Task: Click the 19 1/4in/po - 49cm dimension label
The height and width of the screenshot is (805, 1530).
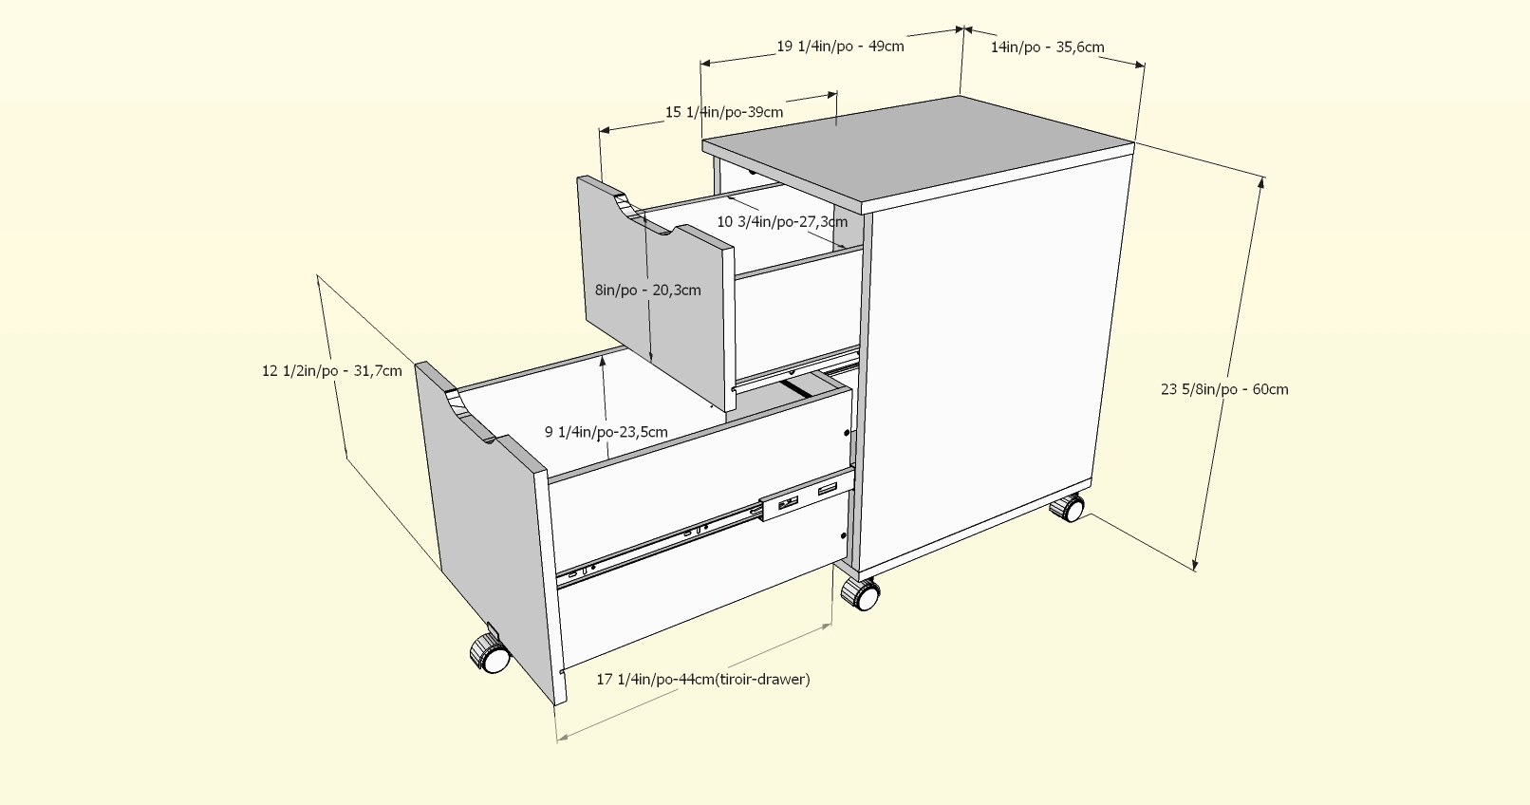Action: [840, 46]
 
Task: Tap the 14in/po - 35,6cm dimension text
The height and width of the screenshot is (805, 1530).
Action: [1047, 47]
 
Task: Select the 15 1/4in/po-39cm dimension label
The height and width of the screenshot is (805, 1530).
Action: [724, 112]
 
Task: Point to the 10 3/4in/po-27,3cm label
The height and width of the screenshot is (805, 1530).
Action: [782, 221]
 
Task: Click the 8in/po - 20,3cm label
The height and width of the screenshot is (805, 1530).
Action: [648, 290]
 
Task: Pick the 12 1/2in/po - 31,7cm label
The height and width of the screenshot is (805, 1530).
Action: [331, 370]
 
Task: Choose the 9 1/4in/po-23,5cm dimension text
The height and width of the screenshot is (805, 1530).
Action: [606, 431]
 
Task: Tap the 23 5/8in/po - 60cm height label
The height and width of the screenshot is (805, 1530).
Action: [1224, 388]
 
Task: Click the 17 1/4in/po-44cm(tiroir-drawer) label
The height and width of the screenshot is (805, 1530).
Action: [702, 679]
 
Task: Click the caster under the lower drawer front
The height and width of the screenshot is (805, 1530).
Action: [491, 653]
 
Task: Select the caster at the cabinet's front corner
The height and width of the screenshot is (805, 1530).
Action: [861, 594]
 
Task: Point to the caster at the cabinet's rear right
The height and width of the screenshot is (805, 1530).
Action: [1069, 508]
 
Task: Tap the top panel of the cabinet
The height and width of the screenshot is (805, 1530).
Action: [919, 152]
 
